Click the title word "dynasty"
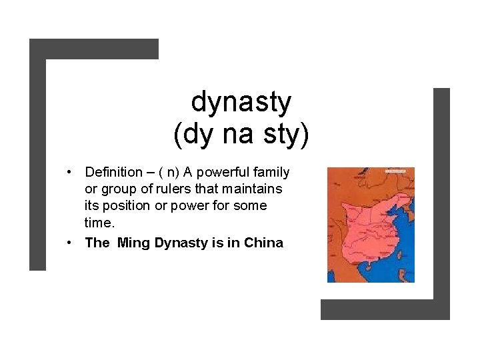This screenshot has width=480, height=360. click(x=241, y=103)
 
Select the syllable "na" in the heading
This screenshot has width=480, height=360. click(x=236, y=135)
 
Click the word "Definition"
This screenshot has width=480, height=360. click(x=114, y=173)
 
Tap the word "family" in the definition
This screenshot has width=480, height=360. click(x=273, y=173)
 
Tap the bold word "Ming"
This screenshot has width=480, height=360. click(x=133, y=243)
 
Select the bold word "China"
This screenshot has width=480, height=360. click(x=264, y=243)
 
